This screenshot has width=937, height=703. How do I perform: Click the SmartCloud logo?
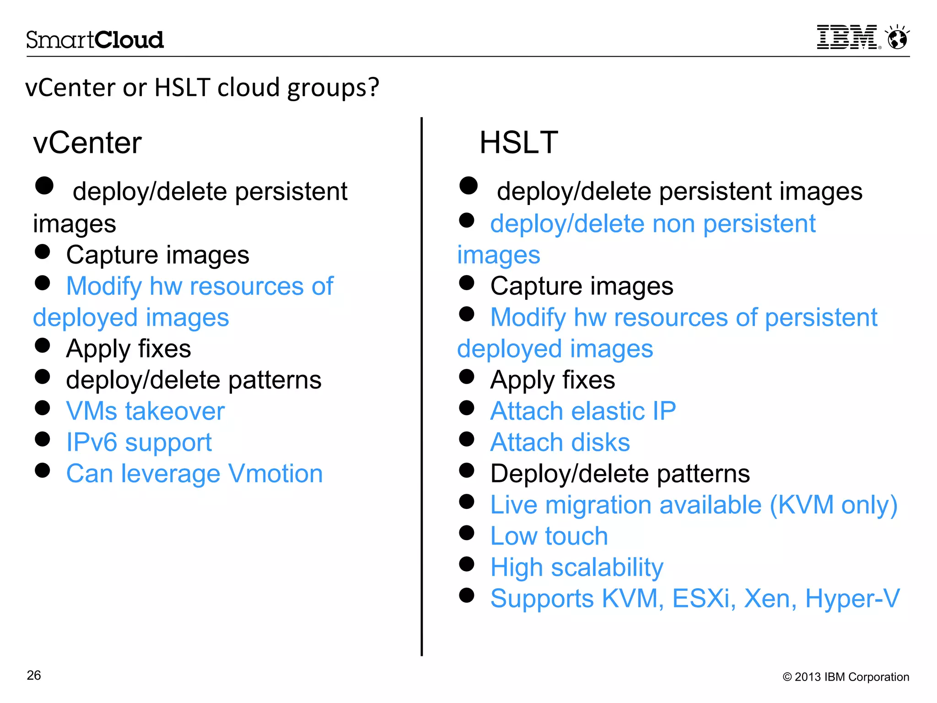(95, 40)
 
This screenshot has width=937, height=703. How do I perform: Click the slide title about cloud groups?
(202, 87)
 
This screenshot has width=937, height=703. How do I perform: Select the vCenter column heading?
(87, 143)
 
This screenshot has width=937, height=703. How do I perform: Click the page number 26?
(34, 676)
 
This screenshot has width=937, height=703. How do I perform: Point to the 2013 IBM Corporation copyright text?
(846, 677)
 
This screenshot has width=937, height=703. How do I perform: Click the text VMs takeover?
(145, 411)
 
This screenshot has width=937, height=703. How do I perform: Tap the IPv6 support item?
(139, 442)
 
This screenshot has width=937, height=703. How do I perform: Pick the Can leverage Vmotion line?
(194, 473)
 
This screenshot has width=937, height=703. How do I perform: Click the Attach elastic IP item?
(583, 411)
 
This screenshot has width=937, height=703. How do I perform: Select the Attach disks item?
(560, 442)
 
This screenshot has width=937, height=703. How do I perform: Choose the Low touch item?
(549, 536)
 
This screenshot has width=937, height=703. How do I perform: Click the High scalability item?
(576, 568)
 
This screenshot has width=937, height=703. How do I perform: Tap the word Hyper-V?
(852, 598)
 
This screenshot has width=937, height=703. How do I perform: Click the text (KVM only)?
(833, 505)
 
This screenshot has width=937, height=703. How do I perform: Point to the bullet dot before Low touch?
(467, 533)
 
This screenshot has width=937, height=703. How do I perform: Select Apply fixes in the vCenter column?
(129, 349)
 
